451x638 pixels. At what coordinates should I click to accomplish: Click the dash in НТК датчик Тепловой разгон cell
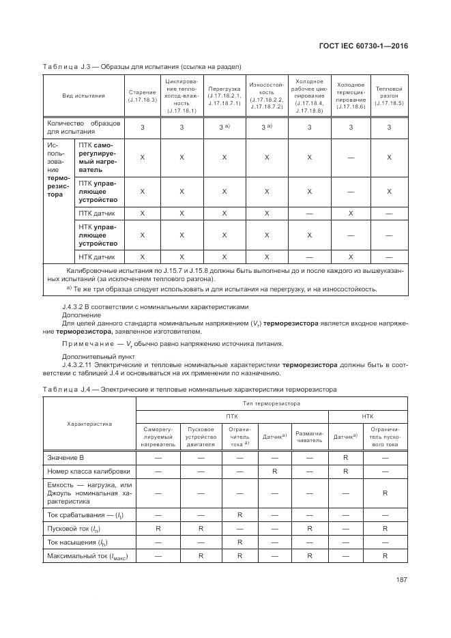pyautogui.click(x=389, y=257)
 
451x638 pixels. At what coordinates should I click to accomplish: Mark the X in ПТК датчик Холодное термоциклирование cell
pyautogui.click(x=351, y=214)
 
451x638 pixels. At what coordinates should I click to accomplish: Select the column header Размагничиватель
pyautogui.click(x=309, y=435)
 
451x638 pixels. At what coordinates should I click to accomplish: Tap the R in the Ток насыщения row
pyautogui.click(x=239, y=542)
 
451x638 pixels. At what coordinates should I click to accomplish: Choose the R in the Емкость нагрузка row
pyautogui.click(x=385, y=493)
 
